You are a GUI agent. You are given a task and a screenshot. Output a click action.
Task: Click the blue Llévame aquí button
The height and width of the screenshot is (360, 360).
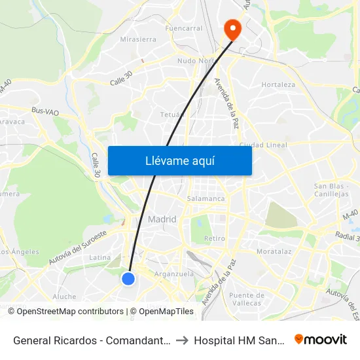pos(179,161)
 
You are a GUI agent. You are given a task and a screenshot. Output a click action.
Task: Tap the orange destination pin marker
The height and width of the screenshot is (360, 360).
pos(232,29)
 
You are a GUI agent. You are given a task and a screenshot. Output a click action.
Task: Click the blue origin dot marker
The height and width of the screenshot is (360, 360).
pos(128,279)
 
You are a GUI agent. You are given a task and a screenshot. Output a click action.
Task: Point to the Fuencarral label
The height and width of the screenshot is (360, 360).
pos(184,29)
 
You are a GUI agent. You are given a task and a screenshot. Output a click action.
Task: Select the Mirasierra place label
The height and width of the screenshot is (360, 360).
pos(138,39)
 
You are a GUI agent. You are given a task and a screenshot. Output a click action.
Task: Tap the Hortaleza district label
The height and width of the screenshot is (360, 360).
pos(278,84)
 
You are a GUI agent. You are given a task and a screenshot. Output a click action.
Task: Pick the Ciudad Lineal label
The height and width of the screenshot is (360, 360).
pos(263,145)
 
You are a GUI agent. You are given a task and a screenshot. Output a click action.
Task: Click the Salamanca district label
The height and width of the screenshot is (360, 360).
pos(206,198)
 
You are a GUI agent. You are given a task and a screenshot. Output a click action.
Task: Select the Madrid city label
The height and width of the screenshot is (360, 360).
pos(162,219)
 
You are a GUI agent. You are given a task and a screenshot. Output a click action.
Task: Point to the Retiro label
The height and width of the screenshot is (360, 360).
pos(215,238)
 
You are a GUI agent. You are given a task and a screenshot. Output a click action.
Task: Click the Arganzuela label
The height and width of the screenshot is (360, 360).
pos(173,274)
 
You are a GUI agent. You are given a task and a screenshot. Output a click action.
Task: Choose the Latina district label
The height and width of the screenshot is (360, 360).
pos(99,257)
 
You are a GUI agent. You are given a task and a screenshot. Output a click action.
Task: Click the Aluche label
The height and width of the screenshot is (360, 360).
pos(64,297)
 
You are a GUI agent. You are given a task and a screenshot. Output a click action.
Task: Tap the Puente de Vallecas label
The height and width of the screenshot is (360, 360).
pos(246,299)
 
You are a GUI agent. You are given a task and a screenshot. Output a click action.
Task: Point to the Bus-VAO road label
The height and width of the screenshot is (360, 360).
pos(46,113)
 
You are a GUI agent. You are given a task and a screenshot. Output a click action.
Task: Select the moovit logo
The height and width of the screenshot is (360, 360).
pos(320,340)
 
